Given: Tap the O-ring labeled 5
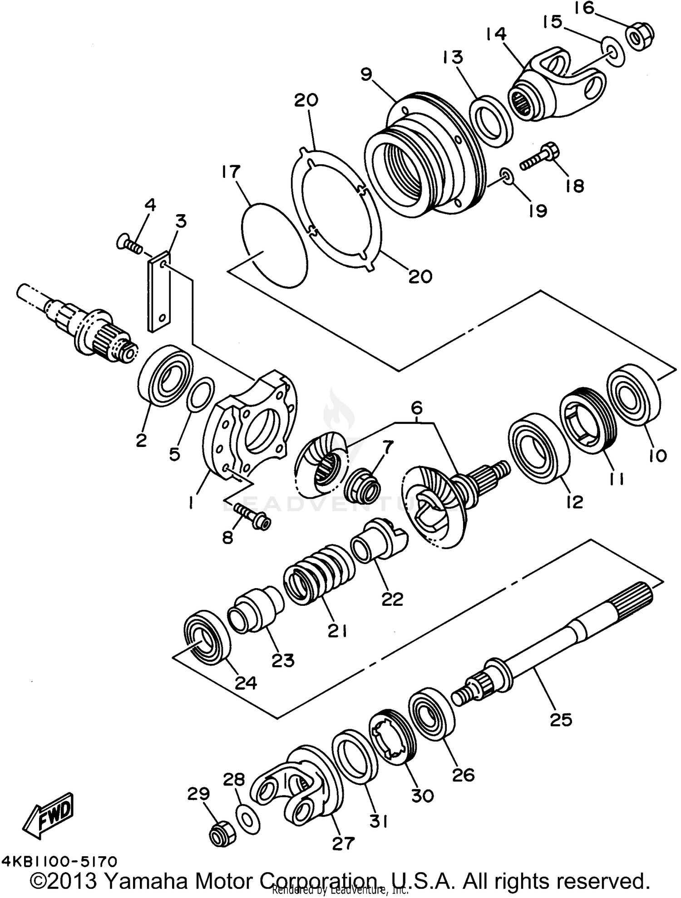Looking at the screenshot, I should coord(200,394).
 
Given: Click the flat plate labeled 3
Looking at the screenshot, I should coord(159,293).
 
